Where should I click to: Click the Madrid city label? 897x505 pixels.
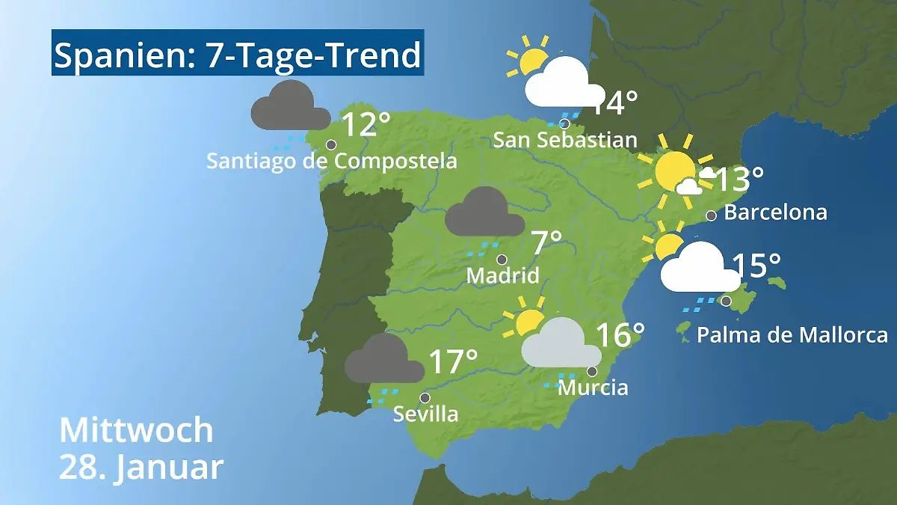click(x=502, y=275)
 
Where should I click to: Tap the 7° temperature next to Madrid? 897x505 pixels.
click(x=546, y=243)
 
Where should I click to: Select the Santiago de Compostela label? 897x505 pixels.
click(x=332, y=161)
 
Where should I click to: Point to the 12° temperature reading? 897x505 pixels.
click(x=366, y=125)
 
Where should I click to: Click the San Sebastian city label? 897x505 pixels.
click(x=565, y=140)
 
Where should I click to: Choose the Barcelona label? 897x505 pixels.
click(x=776, y=212)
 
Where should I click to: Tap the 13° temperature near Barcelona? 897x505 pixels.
click(x=739, y=180)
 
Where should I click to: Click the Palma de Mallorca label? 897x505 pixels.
click(x=792, y=334)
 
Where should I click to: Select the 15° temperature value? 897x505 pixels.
click(x=756, y=265)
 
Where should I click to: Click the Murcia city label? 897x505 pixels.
click(x=593, y=388)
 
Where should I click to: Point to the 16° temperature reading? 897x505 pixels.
click(x=620, y=335)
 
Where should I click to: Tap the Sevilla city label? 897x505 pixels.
click(x=425, y=413)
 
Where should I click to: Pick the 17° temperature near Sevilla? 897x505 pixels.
click(x=453, y=362)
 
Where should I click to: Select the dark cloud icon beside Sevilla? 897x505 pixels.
click(x=384, y=359)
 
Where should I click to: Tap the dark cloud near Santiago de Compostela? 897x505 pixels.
click(x=290, y=106)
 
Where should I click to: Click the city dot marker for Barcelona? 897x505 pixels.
click(x=711, y=215)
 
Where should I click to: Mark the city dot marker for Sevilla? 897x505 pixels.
click(x=425, y=398)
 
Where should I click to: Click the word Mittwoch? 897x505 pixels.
click(x=136, y=431)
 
